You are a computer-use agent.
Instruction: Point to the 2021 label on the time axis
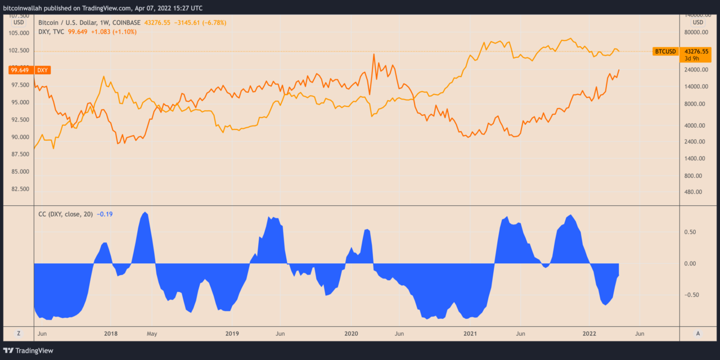click(470, 334)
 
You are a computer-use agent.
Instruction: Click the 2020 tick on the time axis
click(351, 334)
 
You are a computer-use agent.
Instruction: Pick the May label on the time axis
click(152, 334)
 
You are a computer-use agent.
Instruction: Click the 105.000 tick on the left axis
click(20, 33)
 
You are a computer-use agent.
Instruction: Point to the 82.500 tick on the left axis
click(20, 189)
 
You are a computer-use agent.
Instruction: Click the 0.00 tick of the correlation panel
click(691, 263)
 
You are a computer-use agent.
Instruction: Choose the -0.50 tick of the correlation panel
click(691, 295)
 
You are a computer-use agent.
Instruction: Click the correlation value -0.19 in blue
click(105, 214)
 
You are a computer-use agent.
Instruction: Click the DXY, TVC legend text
click(50, 32)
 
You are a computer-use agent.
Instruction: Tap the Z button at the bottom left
click(19, 334)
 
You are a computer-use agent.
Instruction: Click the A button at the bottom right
click(698, 334)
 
